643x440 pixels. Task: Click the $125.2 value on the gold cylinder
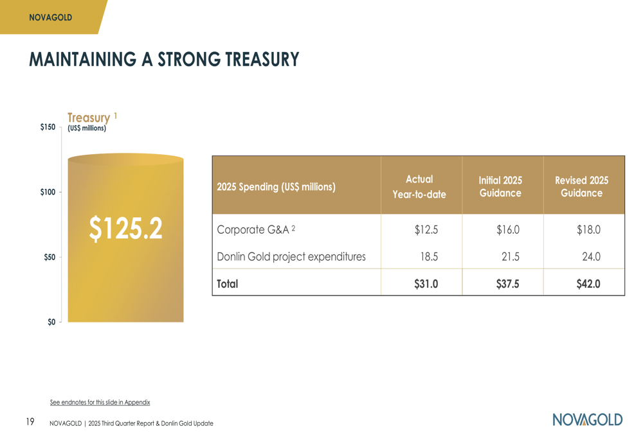(125, 229)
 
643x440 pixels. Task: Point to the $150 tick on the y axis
(48, 127)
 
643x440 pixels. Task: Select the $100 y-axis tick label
(48, 192)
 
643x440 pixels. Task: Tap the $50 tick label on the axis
(50, 257)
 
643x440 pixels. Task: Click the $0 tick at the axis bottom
(51, 322)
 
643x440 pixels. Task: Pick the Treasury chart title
(89, 118)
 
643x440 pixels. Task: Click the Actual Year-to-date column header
(419, 187)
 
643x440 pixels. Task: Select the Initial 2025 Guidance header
(500, 187)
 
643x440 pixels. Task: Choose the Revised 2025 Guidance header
(581, 187)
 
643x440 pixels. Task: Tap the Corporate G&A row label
(256, 229)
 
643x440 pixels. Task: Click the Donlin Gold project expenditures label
(291, 257)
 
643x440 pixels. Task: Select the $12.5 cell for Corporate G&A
(426, 229)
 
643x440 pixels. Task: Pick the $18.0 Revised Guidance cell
(588, 229)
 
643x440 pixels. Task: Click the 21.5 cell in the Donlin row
(511, 257)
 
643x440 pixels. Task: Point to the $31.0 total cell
(426, 283)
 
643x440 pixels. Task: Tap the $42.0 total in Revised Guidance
(588, 283)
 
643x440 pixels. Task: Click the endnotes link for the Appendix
(100, 403)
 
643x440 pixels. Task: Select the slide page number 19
(30, 422)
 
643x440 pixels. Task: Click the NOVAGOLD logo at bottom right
(587, 419)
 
